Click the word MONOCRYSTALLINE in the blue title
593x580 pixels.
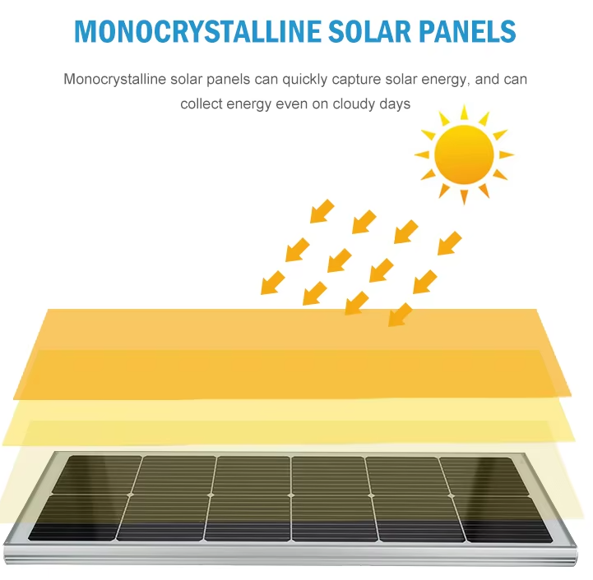tap(197, 31)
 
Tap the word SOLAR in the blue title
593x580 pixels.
tap(369, 31)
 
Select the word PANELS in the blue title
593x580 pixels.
tap(467, 31)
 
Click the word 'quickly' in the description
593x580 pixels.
tap(305, 80)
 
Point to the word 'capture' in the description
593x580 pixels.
tap(356, 81)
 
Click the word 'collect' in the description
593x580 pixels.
tap(202, 104)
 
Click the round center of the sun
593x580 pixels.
tap(464, 154)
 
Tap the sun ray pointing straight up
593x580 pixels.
tap(465, 113)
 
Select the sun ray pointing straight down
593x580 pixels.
tap(464, 197)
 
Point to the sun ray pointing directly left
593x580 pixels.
tap(422, 154)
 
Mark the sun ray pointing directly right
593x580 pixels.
tap(507, 154)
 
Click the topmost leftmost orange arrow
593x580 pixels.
tap(322, 211)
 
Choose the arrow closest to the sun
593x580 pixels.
tap(450, 243)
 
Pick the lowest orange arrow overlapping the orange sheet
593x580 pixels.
tap(400, 315)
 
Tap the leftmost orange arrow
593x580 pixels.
tap(272, 283)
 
